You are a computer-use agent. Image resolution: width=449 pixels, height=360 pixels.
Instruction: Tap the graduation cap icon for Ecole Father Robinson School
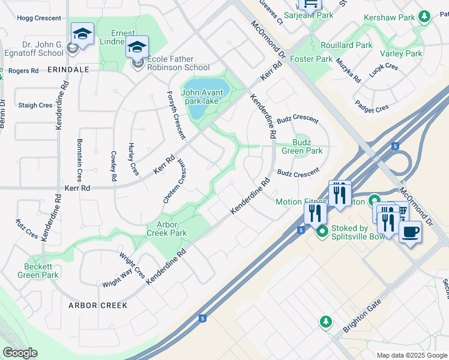[x=137, y=47]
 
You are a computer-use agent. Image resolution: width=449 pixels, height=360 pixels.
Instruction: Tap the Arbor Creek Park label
[x=167, y=229]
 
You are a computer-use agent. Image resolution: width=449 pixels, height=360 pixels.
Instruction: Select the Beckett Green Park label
[x=41, y=271]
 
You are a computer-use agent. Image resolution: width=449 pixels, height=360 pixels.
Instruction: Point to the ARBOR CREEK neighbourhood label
[x=98, y=305]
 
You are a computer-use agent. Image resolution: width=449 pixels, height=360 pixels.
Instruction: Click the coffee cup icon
[x=410, y=232]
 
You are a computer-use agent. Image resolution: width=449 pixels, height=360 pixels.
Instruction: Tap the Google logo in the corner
[x=20, y=353]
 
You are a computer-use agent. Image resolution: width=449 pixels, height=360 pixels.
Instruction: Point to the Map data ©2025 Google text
[x=411, y=355]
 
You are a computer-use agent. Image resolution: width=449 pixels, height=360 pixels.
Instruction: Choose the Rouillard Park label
[x=347, y=45]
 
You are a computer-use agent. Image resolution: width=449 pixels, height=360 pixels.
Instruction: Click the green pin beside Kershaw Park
[x=424, y=16]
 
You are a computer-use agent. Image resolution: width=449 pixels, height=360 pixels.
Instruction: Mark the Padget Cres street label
[x=372, y=109]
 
